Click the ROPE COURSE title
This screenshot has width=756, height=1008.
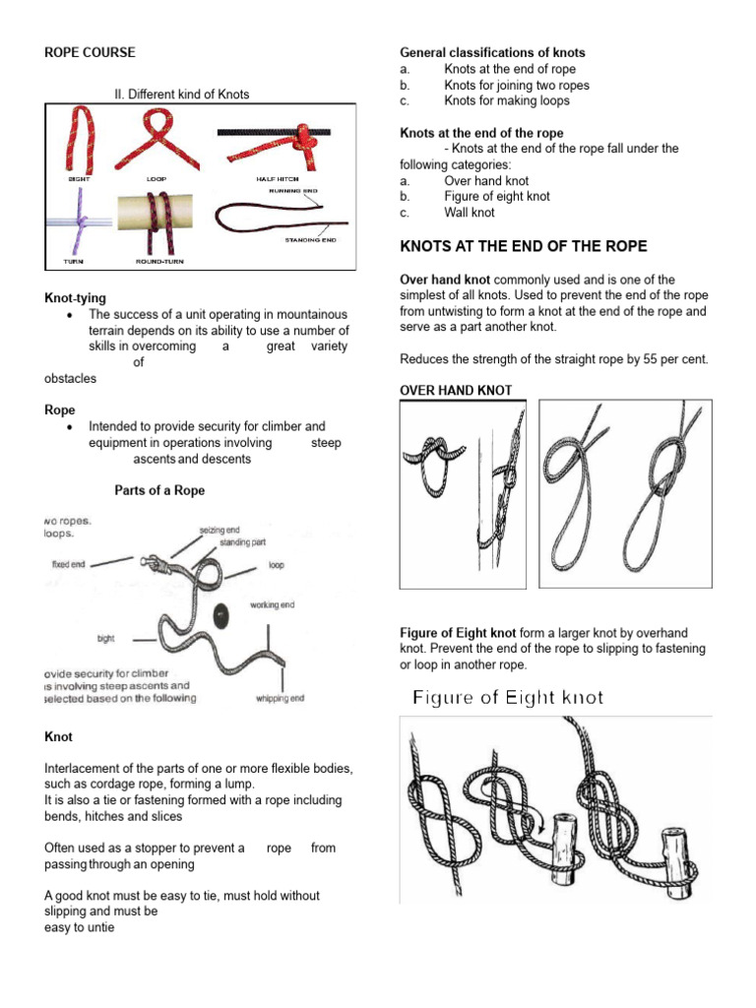[91, 52]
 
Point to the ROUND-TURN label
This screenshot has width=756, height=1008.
[158, 262]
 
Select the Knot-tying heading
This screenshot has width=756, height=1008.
[76, 297]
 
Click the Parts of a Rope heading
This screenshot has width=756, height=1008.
[159, 490]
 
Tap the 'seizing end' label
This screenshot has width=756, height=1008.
[220, 530]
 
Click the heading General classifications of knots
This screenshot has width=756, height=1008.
[492, 52]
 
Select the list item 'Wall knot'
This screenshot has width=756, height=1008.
[470, 213]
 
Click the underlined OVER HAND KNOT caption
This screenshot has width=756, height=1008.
[456, 391]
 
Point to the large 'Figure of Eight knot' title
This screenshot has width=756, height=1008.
[508, 698]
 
